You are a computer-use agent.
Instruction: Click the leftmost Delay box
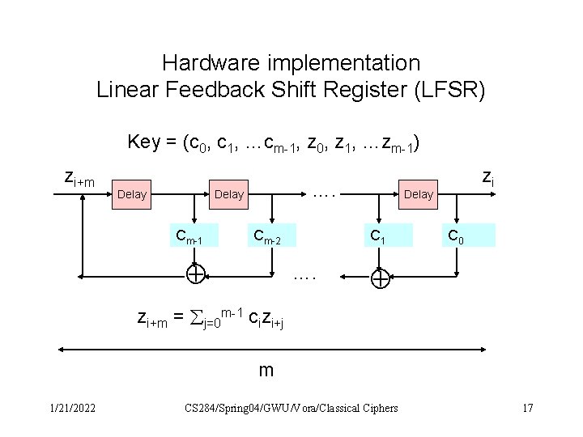(x=132, y=194)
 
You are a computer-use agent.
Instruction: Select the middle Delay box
(x=228, y=194)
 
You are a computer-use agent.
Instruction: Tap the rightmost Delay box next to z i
(x=418, y=194)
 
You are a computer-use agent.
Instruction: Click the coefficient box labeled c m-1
(x=194, y=235)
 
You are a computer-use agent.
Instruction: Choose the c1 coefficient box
(x=377, y=235)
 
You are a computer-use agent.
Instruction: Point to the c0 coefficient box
(x=457, y=235)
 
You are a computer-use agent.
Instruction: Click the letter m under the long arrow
(x=266, y=371)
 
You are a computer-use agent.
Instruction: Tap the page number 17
(x=527, y=408)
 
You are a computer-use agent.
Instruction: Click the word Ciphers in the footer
(x=377, y=408)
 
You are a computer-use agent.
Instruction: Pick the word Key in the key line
(x=143, y=143)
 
